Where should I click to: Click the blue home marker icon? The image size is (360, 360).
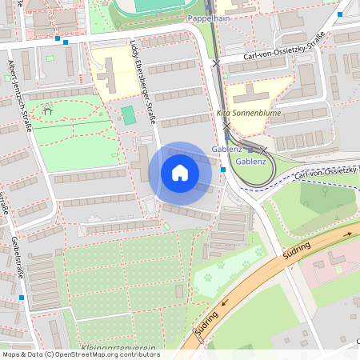180,172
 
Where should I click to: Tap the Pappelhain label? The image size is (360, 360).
210,17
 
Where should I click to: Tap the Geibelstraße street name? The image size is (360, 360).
15,257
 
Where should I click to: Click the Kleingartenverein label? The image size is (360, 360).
118,348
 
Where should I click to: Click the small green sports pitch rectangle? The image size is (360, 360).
128,115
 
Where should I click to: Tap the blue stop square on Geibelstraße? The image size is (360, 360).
22,298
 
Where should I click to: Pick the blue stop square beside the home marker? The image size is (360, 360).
222,170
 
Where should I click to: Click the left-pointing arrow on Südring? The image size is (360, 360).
225,302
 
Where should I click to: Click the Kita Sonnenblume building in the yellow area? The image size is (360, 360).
255,94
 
